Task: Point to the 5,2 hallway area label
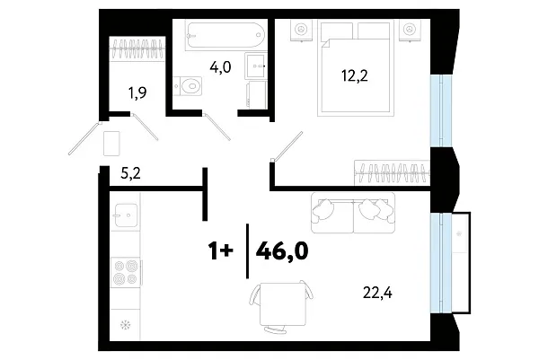pos(131,176)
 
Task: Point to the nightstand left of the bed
pos(298,30)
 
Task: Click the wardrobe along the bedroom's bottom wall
pos(392,170)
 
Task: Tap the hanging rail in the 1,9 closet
pos(137,48)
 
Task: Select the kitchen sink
pos(126,217)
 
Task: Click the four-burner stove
pos(124,272)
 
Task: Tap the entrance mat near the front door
pos(112,143)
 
